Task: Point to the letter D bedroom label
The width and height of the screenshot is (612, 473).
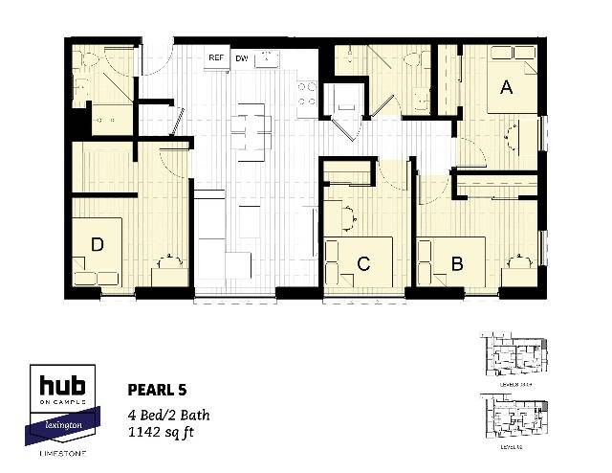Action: click(97, 245)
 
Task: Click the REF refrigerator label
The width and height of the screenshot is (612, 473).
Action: click(217, 58)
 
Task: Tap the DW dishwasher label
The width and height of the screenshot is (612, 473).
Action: click(241, 58)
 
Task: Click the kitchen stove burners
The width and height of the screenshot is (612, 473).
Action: click(306, 93)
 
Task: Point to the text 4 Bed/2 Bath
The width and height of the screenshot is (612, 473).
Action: click(169, 415)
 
